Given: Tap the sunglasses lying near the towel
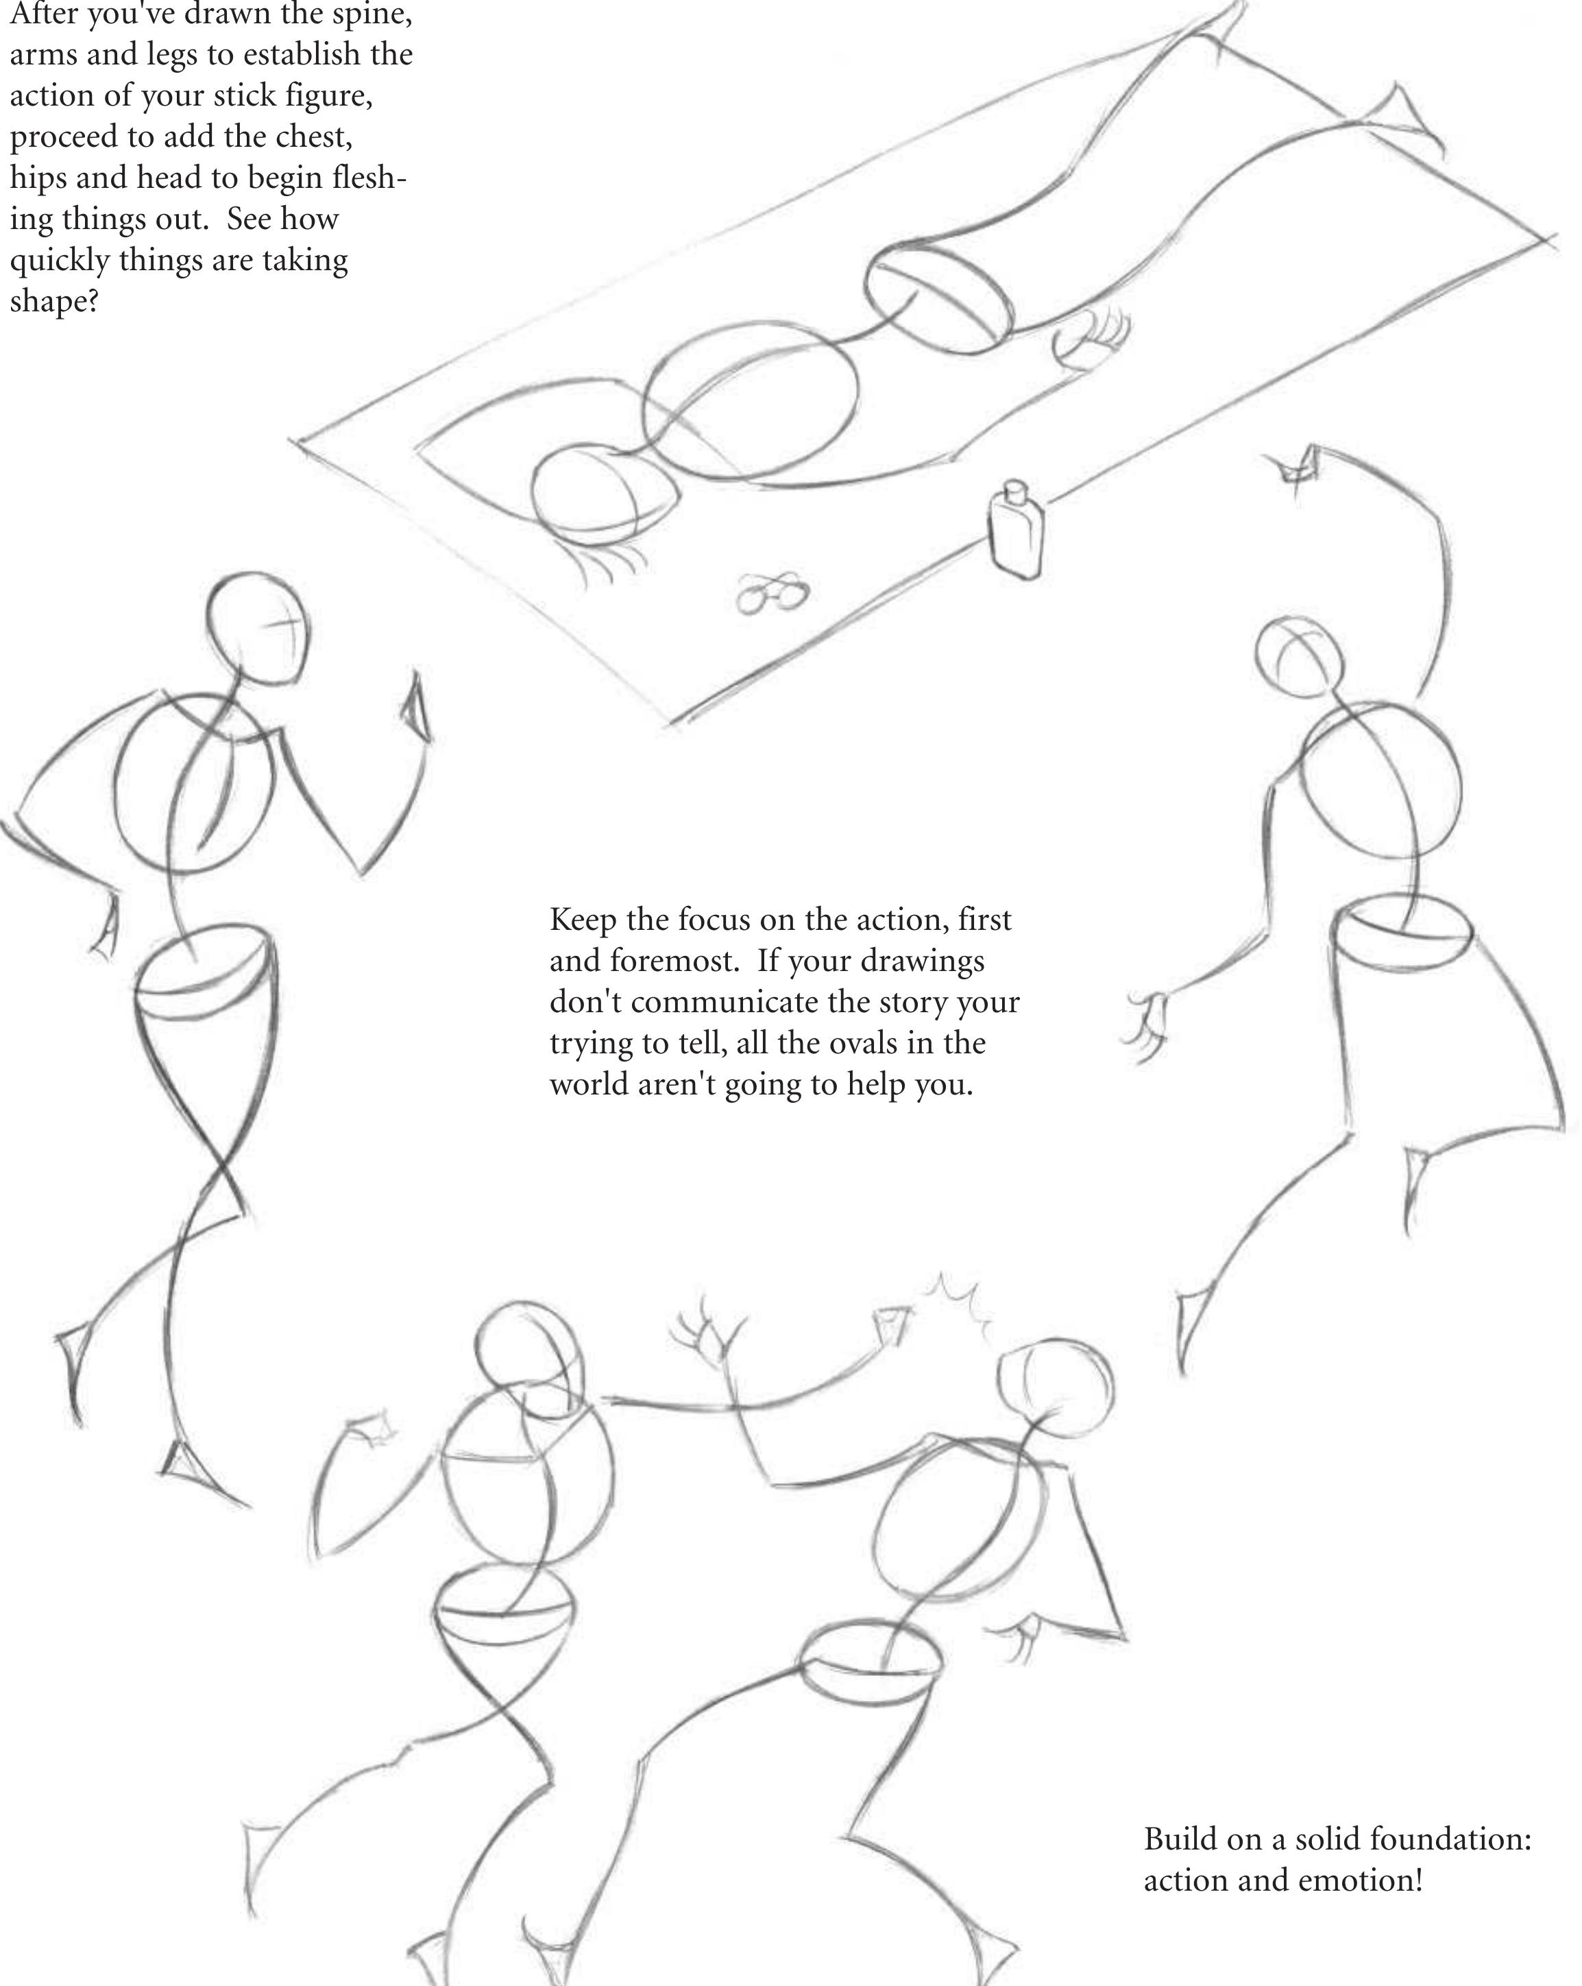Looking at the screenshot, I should pos(772,593).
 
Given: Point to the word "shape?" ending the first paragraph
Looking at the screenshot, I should pos(54,301).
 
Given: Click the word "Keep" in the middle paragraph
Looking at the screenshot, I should pos(583,920).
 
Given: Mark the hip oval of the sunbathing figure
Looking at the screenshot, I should pos(938,297).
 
